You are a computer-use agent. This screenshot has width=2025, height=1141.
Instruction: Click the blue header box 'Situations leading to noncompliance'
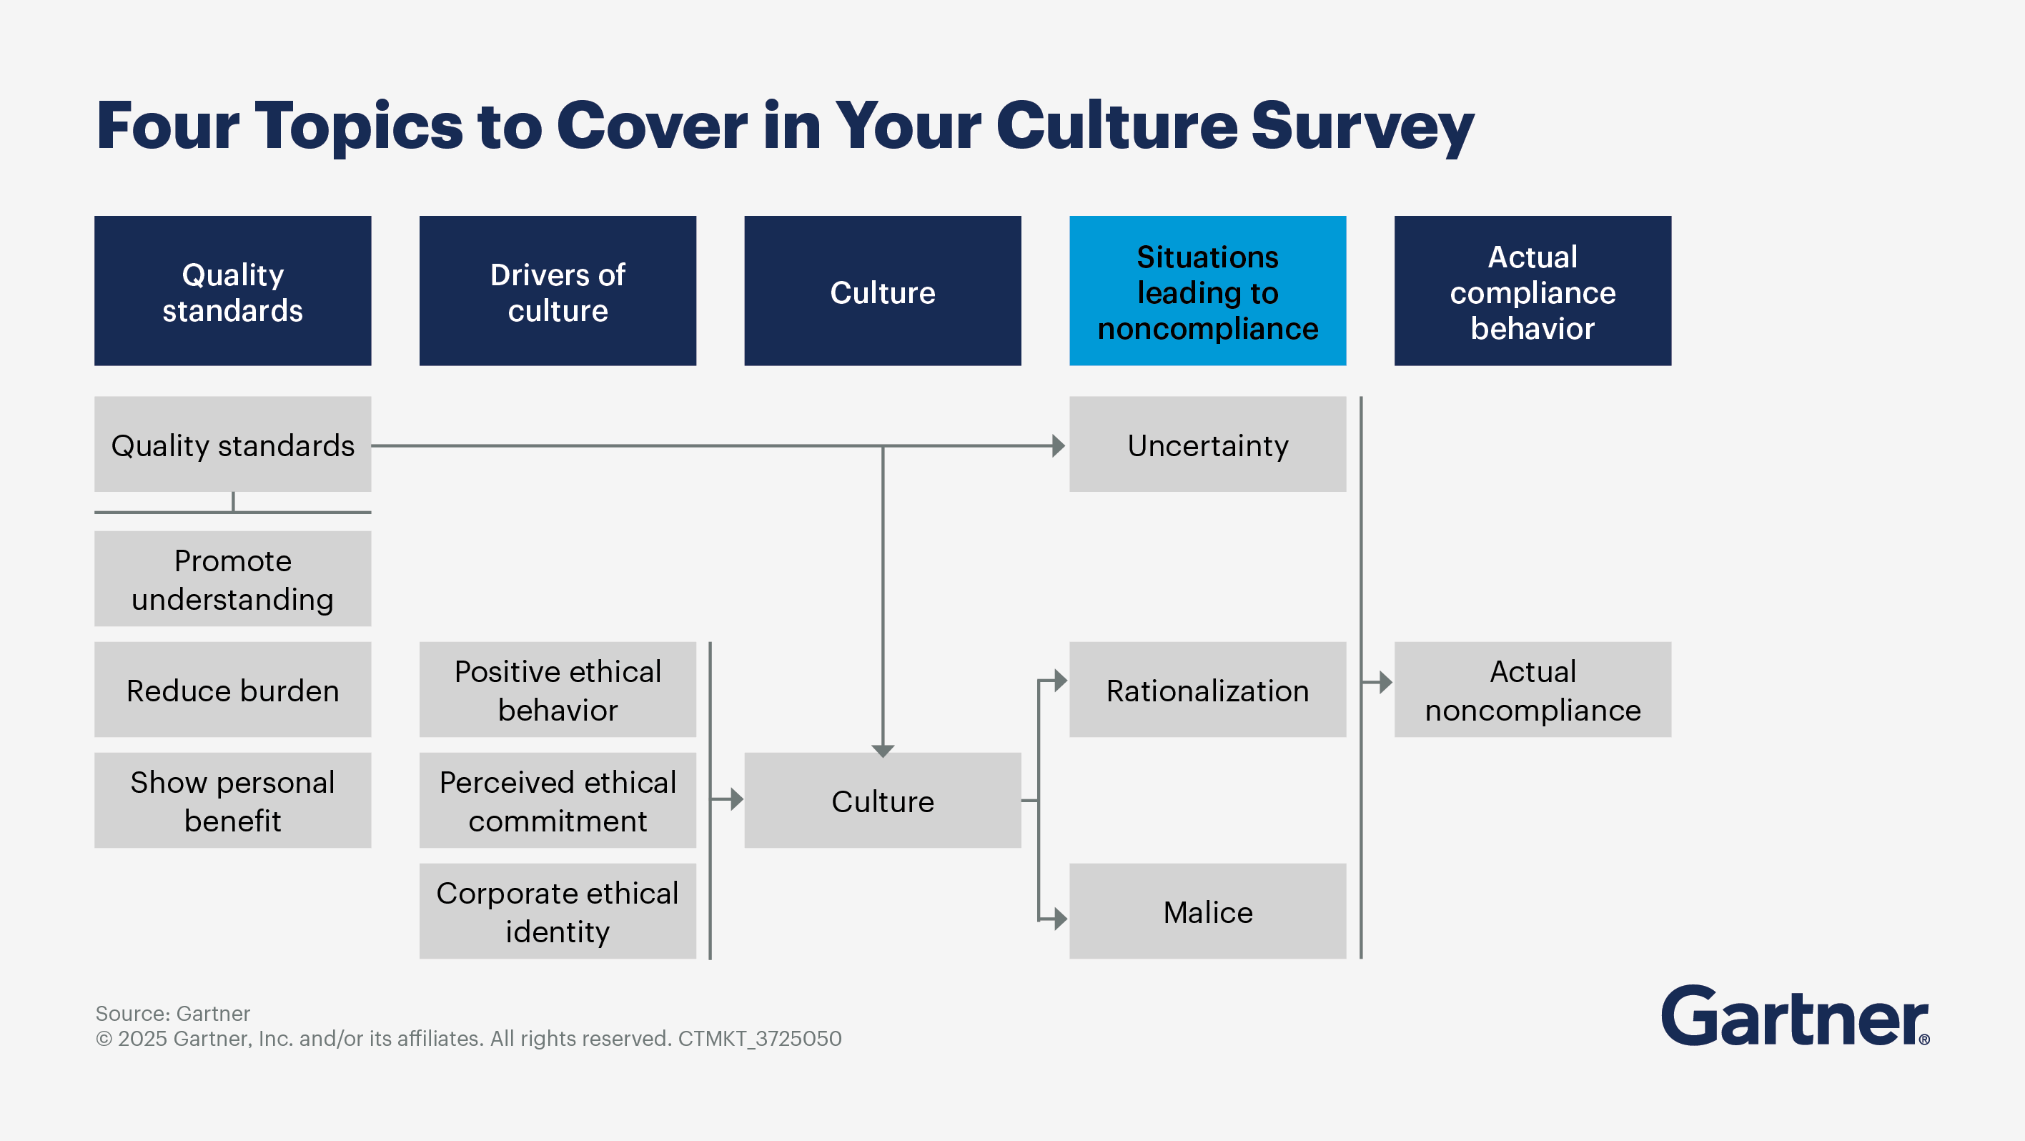1207,291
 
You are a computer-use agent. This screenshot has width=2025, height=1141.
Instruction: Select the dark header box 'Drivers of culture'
558,291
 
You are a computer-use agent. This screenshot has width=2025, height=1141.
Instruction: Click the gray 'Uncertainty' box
1207,444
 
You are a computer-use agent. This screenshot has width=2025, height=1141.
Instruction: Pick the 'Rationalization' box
1207,690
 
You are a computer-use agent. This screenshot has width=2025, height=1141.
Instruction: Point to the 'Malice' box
1207,912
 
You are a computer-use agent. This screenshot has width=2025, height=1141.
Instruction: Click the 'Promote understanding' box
233,579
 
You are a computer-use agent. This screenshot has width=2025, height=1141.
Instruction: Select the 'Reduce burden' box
233,690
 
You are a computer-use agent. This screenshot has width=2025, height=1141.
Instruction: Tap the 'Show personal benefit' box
233,801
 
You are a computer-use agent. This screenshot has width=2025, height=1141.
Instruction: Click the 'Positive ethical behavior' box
558,690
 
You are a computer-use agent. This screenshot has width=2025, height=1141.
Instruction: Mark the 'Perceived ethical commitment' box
558,801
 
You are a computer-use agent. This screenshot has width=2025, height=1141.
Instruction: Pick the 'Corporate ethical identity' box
558,912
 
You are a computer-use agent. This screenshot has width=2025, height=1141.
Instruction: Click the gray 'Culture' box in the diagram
883,801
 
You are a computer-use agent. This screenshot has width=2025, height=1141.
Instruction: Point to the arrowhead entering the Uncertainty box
1059,446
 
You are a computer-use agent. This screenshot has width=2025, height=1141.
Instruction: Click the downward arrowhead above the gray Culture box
883,751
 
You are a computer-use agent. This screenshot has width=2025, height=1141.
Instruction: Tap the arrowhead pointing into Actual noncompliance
1385,682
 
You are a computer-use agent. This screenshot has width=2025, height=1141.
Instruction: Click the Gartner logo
1796,1015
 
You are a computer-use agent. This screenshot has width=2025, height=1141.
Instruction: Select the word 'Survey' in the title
1362,127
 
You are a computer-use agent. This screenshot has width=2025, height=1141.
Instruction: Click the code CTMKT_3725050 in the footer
759,1039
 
